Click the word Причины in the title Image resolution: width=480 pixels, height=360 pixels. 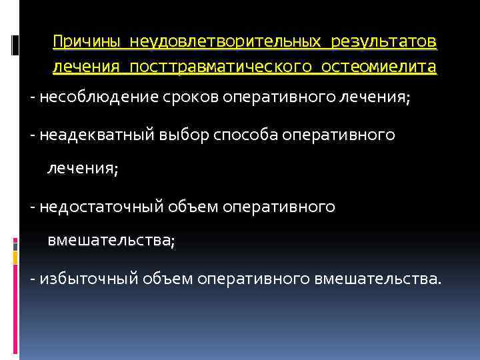click(87, 42)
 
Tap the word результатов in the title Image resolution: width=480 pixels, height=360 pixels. click(381, 42)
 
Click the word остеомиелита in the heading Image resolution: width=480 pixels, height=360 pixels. click(379, 67)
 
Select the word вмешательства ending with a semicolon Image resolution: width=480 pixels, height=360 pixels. click(111, 243)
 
